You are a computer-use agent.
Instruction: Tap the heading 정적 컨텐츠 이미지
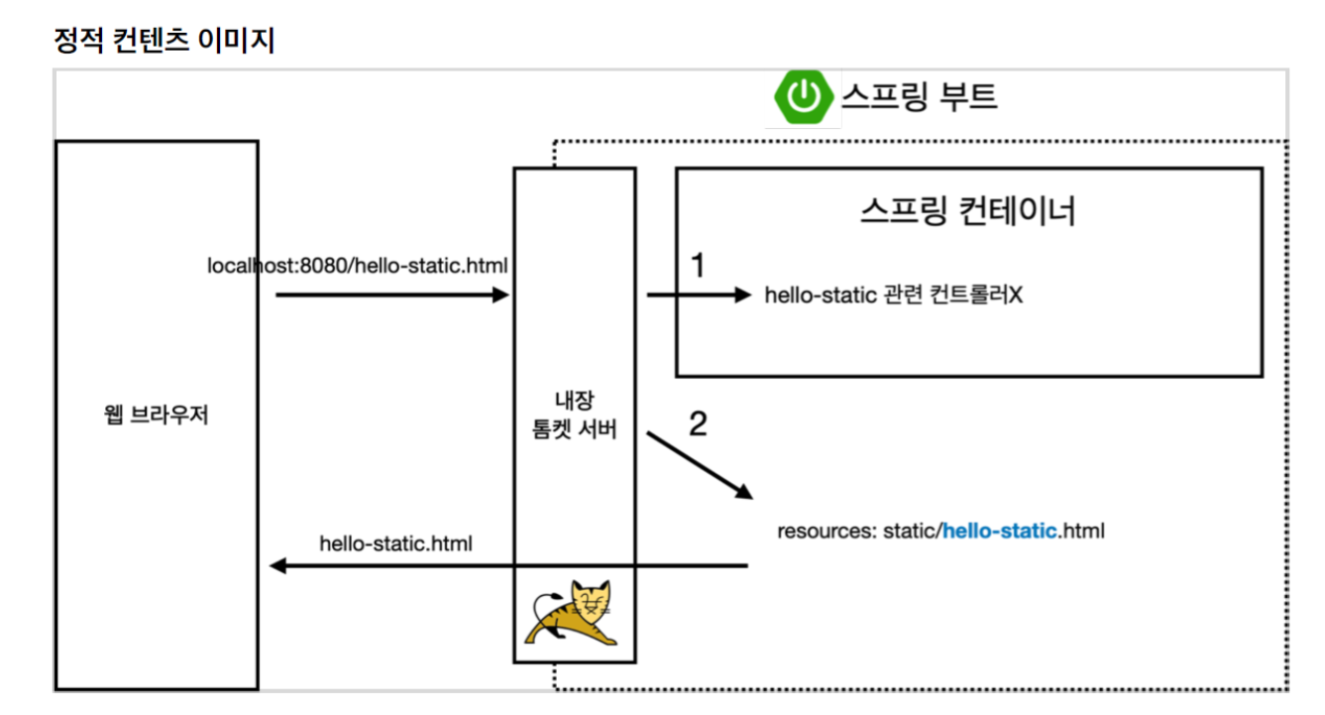(164, 42)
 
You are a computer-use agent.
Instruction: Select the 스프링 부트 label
(919, 96)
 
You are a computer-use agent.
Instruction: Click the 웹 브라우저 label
(156, 416)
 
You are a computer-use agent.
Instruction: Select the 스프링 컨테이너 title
(967, 211)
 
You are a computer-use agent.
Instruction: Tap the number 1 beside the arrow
(698, 266)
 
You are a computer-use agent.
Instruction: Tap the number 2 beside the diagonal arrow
(698, 424)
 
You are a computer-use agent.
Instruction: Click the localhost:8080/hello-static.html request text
(358, 266)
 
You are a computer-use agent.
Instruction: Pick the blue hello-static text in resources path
(999, 531)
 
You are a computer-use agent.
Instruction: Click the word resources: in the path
(823, 531)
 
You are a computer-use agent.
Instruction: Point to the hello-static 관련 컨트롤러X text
(892, 296)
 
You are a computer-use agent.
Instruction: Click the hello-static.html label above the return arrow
(395, 543)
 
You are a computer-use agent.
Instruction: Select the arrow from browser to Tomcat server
(391, 295)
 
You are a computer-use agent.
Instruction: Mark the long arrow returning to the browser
(507, 566)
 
